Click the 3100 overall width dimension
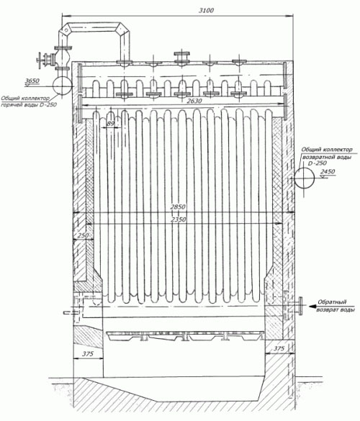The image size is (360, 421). pos(206,11)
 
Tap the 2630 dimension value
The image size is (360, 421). pos(195,101)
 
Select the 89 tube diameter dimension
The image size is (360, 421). pos(110,124)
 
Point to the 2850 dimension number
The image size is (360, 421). pos(178,207)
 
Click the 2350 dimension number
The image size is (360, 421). pos(179,219)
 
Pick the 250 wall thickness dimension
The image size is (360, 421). pos(84,235)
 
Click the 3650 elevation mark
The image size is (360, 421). pos(32,81)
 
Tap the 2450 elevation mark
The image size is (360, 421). pos(328,171)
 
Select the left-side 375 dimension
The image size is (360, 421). pos(88,354)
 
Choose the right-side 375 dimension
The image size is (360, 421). pos(279,348)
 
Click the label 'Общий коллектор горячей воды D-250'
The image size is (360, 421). pos(29,101)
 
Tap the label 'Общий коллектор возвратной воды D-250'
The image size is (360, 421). pos(327,156)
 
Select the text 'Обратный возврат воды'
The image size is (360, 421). pos(336,306)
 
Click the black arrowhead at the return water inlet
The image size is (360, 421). pos(312,306)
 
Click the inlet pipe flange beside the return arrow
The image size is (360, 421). pos(301,306)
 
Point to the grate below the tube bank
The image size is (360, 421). pos(185,336)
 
